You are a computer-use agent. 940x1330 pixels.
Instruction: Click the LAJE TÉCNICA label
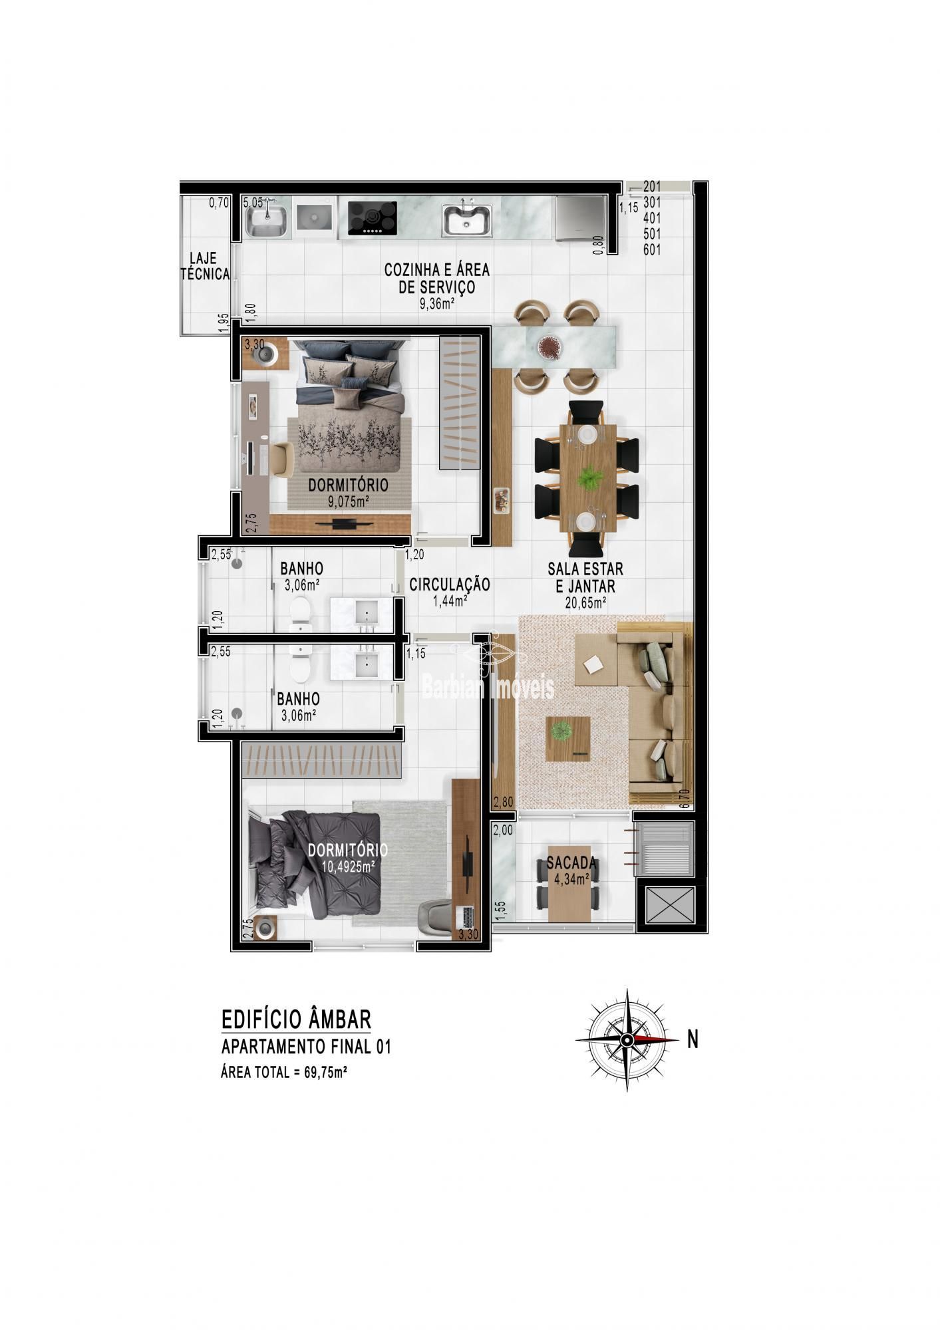tap(206, 266)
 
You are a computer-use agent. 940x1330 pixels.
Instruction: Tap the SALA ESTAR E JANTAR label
tap(585, 578)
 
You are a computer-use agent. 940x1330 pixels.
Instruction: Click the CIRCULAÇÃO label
tap(450, 585)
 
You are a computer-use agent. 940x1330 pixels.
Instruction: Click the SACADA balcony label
tap(571, 864)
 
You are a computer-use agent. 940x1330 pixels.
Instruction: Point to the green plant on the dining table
tap(588, 478)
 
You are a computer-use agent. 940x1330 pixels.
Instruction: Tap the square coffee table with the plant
tap(568, 738)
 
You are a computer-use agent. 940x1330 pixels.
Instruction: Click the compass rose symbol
tap(627, 1039)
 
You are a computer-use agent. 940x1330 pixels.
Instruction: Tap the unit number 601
tap(652, 250)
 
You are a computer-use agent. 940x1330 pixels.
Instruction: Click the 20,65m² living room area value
tap(585, 603)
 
